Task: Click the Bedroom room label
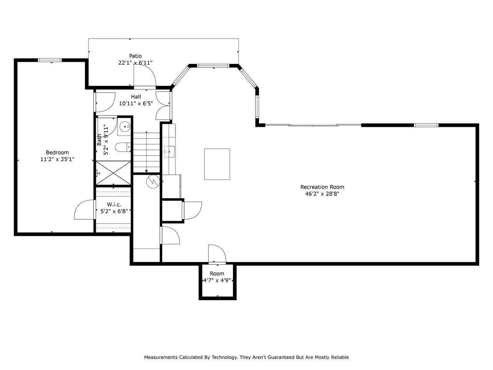[57, 152]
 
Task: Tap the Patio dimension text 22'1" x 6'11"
[136, 63]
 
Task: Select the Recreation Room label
[322, 187]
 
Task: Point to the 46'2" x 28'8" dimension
[322, 193]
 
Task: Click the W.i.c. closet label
[114, 204]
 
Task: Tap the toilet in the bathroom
[123, 147]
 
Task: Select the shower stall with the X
[113, 173]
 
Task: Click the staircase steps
[146, 153]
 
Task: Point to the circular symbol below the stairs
[153, 182]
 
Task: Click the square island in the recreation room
[217, 164]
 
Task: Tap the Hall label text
[136, 97]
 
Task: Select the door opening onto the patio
[145, 77]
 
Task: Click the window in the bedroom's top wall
[50, 60]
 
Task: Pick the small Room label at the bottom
[217, 274]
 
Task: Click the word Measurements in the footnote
[161, 357]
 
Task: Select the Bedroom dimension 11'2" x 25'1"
[57, 159]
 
